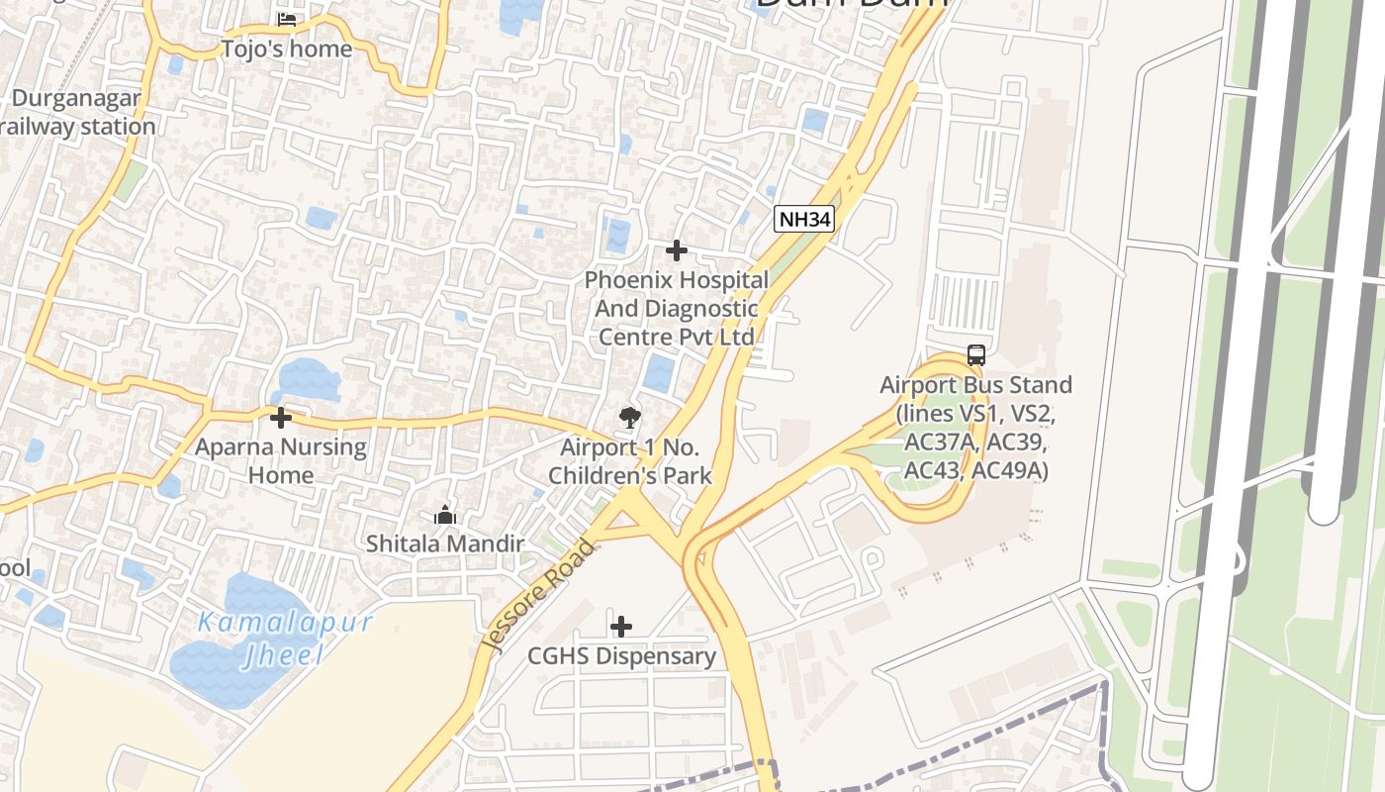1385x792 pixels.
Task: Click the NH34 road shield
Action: pyautogui.click(x=803, y=220)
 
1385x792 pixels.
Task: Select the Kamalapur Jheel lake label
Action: pyautogui.click(x=285, y=638)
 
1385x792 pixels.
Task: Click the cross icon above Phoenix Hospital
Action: pyautogui.click(x=677, y=250)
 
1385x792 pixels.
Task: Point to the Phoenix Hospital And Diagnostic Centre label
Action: pyautogui.click(x=676, y=308)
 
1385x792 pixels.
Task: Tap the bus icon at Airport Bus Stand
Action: pyautogui.click(x=976, y=355)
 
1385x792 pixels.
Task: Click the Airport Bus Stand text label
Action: pyautogui.click(x=975, y=427)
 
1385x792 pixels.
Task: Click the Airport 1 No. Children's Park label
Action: pyautogui.click(x=630, y=461)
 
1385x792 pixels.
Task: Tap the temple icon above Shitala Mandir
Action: pyautogui.click(x=445, y=515)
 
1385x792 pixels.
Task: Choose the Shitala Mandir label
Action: pyautogui.click(x=445, y=544)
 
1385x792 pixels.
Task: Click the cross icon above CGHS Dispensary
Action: pyautogui.click(x=621, y=627)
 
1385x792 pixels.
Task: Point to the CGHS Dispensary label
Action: pyautogui.click(x=621, y=655)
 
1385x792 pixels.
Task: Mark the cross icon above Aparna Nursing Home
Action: pyautogui.click(x=281, y=418)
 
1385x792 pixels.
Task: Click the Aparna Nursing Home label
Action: pyautogui.click(x=281, y=460)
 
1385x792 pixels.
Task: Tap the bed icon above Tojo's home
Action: pyautogui.click(x=287, y=20)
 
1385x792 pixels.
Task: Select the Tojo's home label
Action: pyautogui.click(x=287, y=49)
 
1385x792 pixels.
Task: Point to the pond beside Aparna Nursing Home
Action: pyautogui.click(x=309, y=379)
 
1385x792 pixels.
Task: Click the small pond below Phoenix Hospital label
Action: pyautogui.click(x=658, y=373)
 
